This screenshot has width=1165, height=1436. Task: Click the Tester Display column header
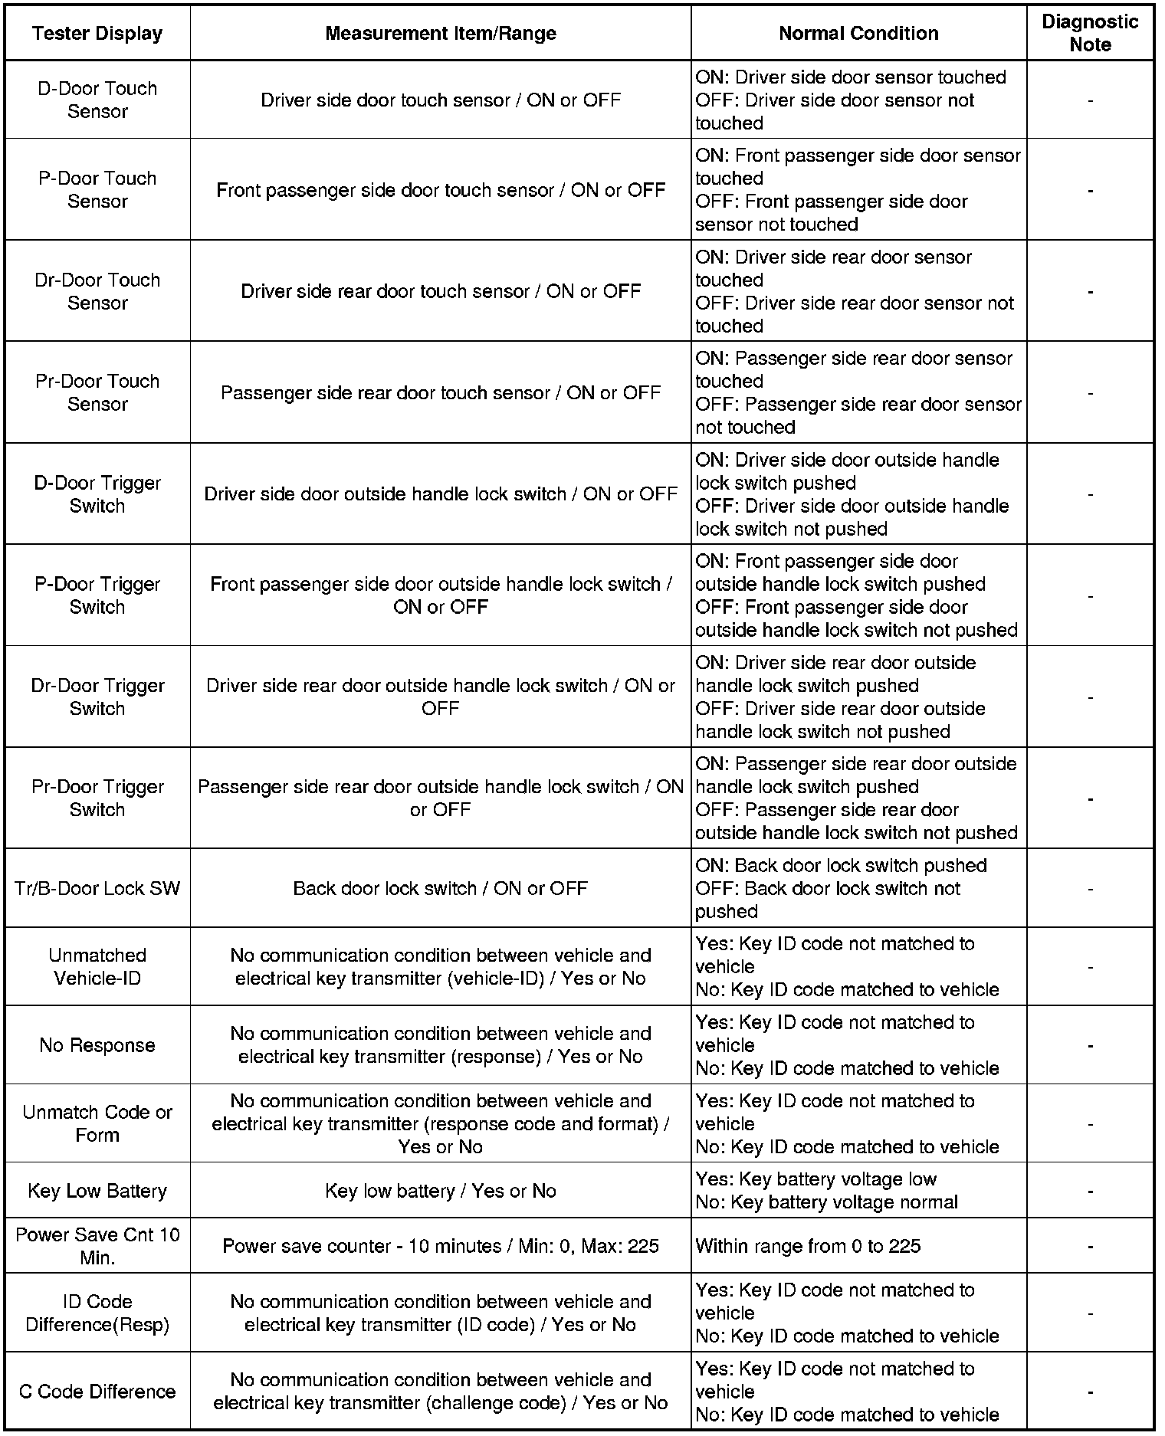coord(97,34)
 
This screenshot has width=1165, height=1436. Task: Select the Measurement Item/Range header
coord(440,34)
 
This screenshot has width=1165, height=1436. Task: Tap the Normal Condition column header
coord(858,34)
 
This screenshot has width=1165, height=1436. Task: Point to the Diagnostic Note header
coord(1089,34)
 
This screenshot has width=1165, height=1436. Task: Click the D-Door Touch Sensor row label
coord(97,100)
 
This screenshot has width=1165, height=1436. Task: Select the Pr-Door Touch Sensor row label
coord(97,392)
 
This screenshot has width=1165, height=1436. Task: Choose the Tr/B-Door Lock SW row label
coord(97,888)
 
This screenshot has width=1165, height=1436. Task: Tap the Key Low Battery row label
coord(97,1191)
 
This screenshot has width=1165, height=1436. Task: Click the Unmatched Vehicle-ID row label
coord(97,966)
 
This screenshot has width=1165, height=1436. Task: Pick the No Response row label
coord(97,1045)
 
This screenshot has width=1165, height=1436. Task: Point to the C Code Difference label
coord(97,1392)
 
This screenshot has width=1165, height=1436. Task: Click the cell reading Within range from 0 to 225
coord(808,1246)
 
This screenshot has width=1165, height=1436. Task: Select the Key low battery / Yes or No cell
coord(440,1191)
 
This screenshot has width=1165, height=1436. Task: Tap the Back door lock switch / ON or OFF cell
coord(440,888)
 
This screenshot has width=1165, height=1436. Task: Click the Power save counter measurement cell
coord(440,1246)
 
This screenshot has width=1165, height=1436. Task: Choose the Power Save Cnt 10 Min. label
coord(97,1246)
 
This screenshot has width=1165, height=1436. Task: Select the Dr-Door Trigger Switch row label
coord(97,697)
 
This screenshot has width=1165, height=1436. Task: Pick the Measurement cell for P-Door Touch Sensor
coord(440,190)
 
